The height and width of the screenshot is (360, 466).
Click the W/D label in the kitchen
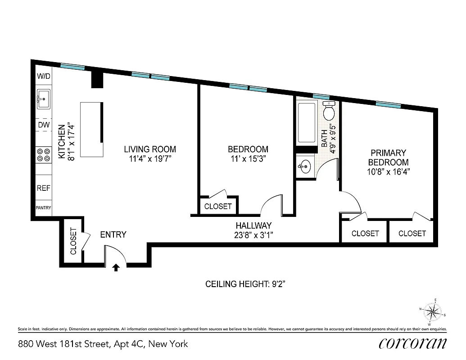(44, 76)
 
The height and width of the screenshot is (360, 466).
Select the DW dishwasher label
(44, 125)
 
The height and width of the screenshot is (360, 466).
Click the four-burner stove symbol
(44, 155)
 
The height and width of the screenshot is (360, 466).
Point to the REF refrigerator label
(44, 189)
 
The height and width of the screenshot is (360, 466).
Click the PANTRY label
(44, 208)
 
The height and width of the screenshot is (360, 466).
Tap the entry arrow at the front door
(116, 268)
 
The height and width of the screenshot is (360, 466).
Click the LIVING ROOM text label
(150, 149)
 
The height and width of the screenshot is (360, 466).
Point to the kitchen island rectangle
(91, 130)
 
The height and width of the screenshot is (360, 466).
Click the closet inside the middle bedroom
(218, 206)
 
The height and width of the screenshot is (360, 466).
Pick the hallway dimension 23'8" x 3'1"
(254, 234)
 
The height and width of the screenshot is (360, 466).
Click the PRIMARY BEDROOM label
(388, 157)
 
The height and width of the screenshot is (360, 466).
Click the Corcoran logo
(412, 343)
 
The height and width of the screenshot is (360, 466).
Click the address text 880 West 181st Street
(63, 344)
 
